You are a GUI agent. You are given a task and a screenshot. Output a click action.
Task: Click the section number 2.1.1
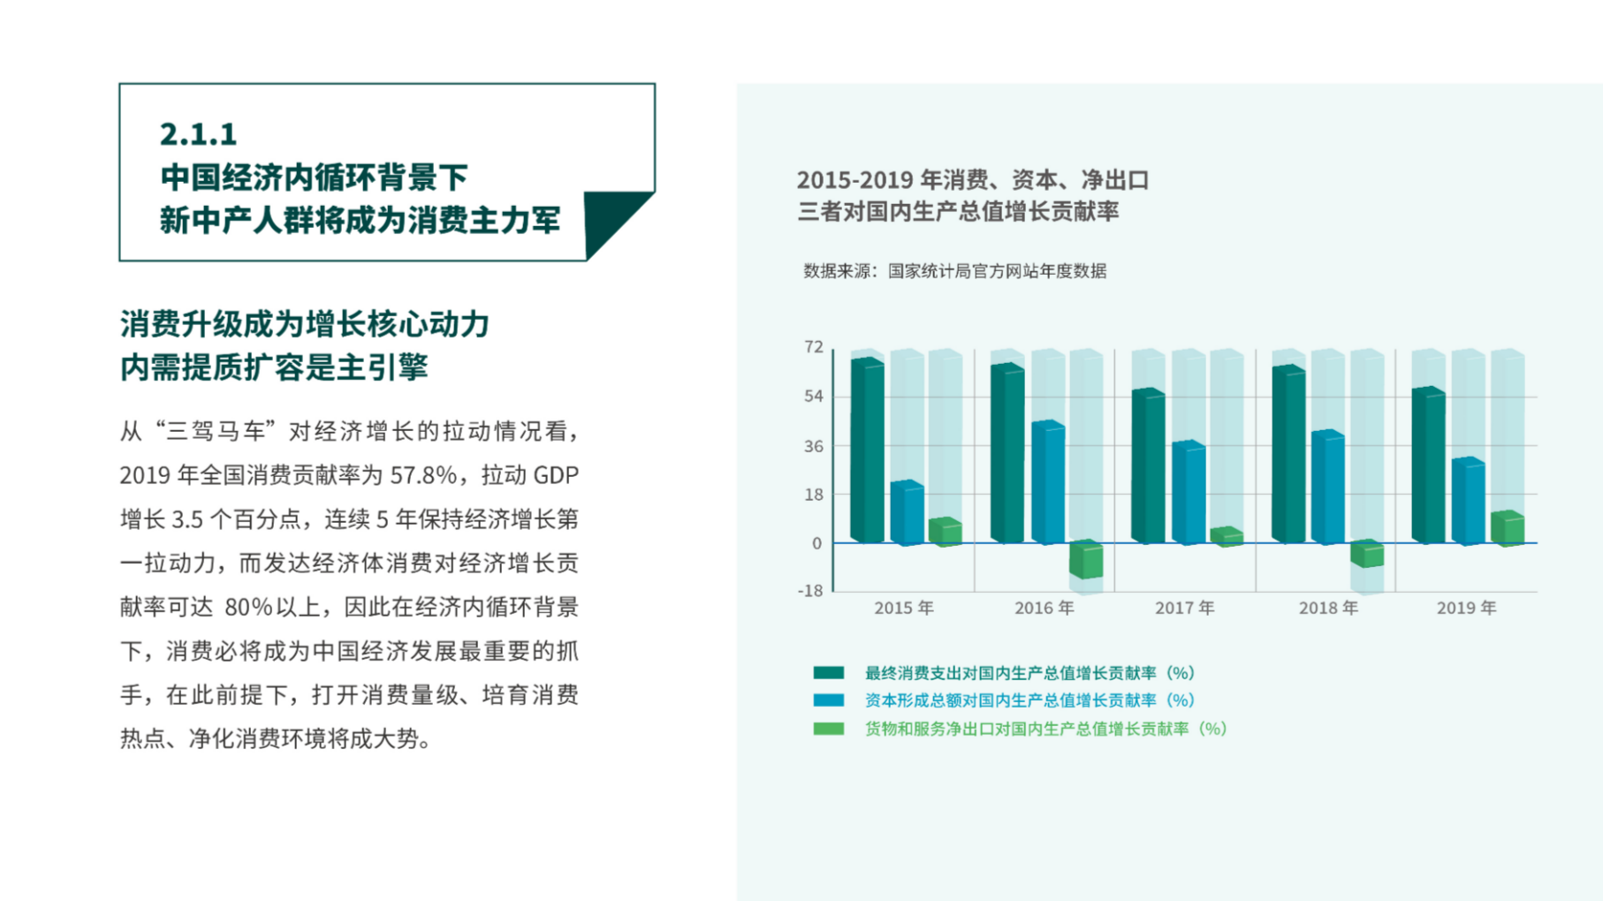198,134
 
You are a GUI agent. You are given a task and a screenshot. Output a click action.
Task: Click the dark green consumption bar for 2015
867,450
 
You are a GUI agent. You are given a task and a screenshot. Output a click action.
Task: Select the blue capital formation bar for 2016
1048,482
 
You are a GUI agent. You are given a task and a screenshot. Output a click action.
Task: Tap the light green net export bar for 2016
1086,559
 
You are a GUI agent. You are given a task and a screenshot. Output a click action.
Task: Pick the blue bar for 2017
1189,492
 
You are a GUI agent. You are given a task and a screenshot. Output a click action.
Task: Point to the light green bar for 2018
1367,554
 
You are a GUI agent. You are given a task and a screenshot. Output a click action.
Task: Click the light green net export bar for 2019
1508,528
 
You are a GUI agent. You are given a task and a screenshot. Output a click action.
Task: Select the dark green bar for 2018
1288,454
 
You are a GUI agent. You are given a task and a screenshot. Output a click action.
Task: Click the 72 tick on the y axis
814,347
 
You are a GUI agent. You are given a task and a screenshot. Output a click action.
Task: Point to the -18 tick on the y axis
810,591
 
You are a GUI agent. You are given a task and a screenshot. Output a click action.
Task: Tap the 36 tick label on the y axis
814,446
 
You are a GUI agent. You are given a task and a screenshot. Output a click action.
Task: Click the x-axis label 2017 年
1184,608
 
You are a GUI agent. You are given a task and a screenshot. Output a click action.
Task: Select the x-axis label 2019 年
1466,608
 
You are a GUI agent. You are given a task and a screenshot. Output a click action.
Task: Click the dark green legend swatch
829,673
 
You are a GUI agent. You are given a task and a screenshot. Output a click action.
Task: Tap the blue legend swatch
829,700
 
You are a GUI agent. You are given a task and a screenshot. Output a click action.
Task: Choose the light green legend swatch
829,729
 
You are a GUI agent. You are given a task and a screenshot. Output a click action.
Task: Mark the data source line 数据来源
954,271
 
